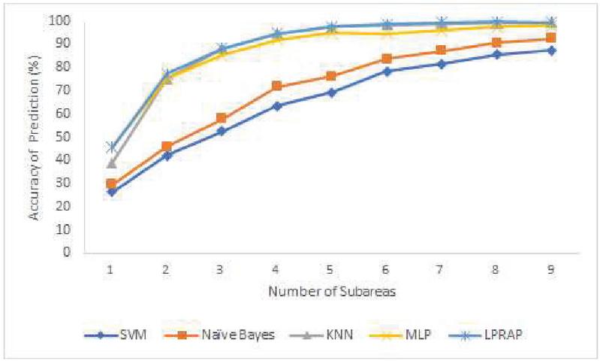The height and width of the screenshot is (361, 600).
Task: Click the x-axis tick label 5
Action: [x=331, y=268]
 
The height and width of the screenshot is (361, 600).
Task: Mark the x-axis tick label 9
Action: [x=551, y=268]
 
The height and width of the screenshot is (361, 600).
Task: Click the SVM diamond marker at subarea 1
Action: [x=111, y=192]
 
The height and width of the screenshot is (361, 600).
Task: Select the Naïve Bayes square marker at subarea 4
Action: [x=276, y=86]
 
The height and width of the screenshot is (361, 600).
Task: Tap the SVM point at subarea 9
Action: [x=551, y=50]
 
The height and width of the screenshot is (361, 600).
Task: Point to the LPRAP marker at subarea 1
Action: [x=111, y=147]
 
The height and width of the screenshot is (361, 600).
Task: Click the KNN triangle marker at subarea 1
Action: [x=111, y=163]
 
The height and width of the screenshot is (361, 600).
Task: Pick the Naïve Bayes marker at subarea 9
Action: [x=551, y=38]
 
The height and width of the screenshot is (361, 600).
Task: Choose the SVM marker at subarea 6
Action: [x=386, y=71]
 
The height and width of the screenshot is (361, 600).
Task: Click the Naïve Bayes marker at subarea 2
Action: [x=166, y=146]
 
